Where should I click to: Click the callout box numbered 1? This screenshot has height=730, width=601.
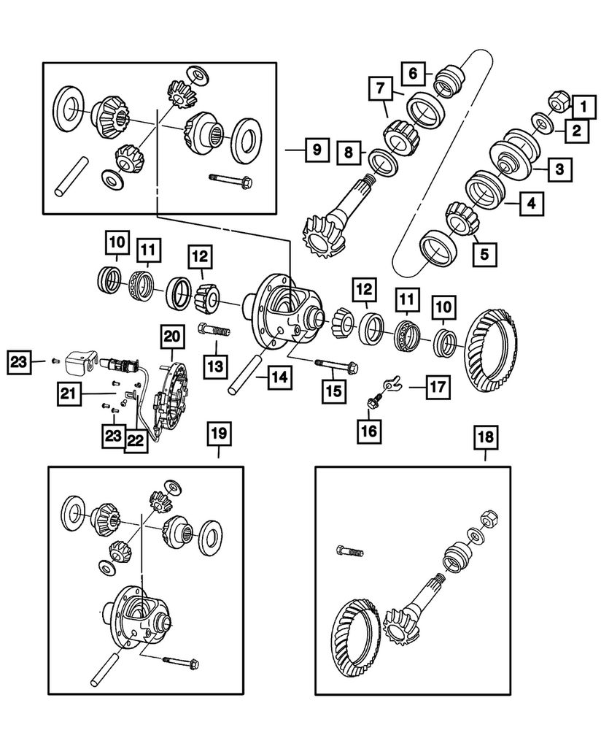click(x=583, y=107)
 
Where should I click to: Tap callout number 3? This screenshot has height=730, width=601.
click(x=559, y=169)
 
